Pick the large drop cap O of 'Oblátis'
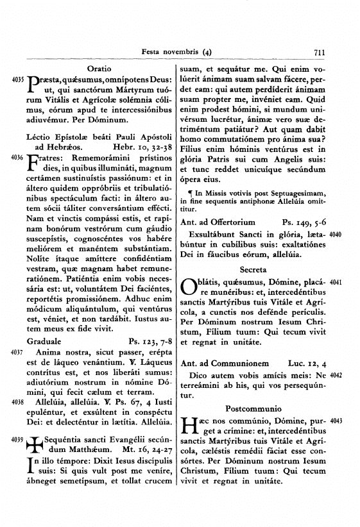(191, 287)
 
